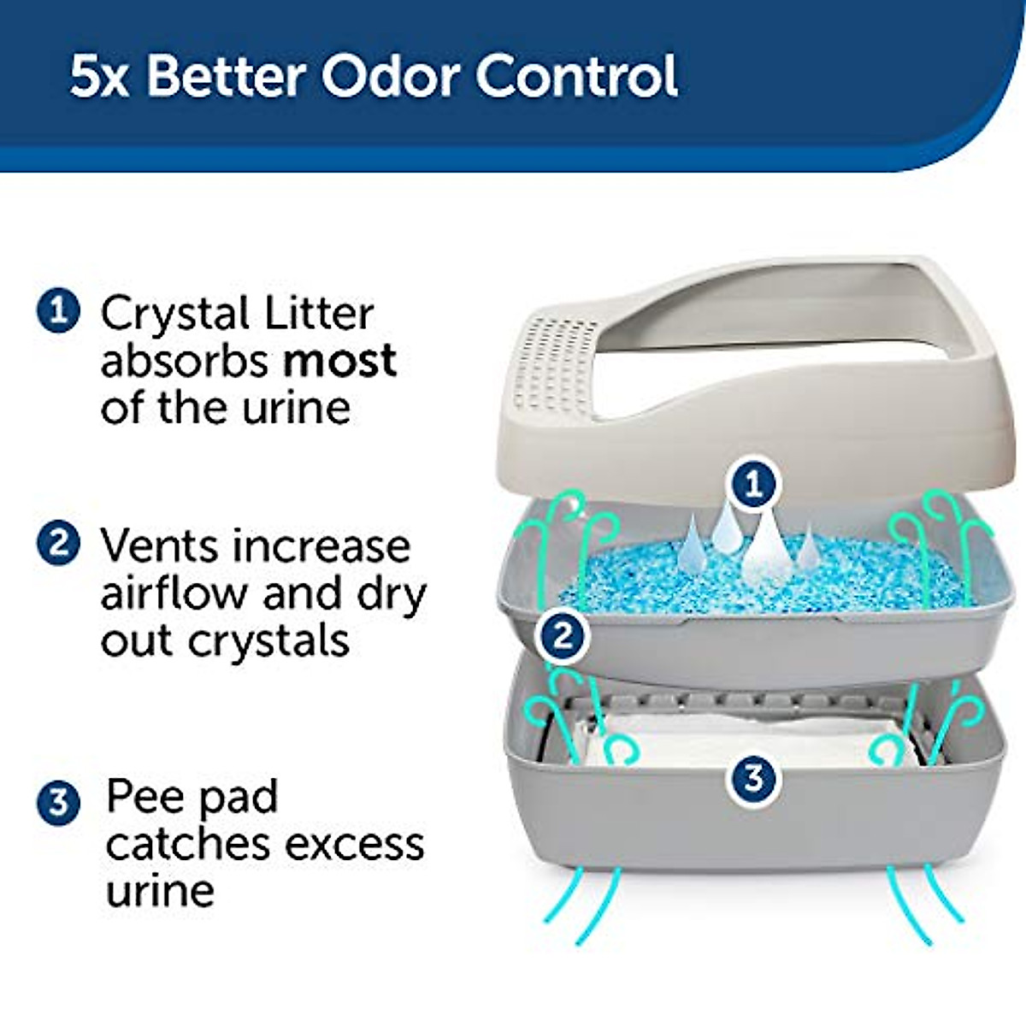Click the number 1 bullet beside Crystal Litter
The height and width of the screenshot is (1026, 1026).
[x=58, y=310]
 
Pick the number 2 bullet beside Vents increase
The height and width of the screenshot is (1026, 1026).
[x=58, y=543]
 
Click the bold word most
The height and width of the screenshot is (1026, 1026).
[x=339, y=361]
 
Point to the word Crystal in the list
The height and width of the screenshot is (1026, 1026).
[x=175, y=315]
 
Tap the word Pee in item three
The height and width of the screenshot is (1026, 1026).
[x=144, y=797]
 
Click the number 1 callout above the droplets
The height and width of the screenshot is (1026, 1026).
[x=752, y=485]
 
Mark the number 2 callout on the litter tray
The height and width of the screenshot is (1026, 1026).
[x=563, y=635]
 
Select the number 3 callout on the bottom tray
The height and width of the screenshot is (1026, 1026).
[x=752, y=778]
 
